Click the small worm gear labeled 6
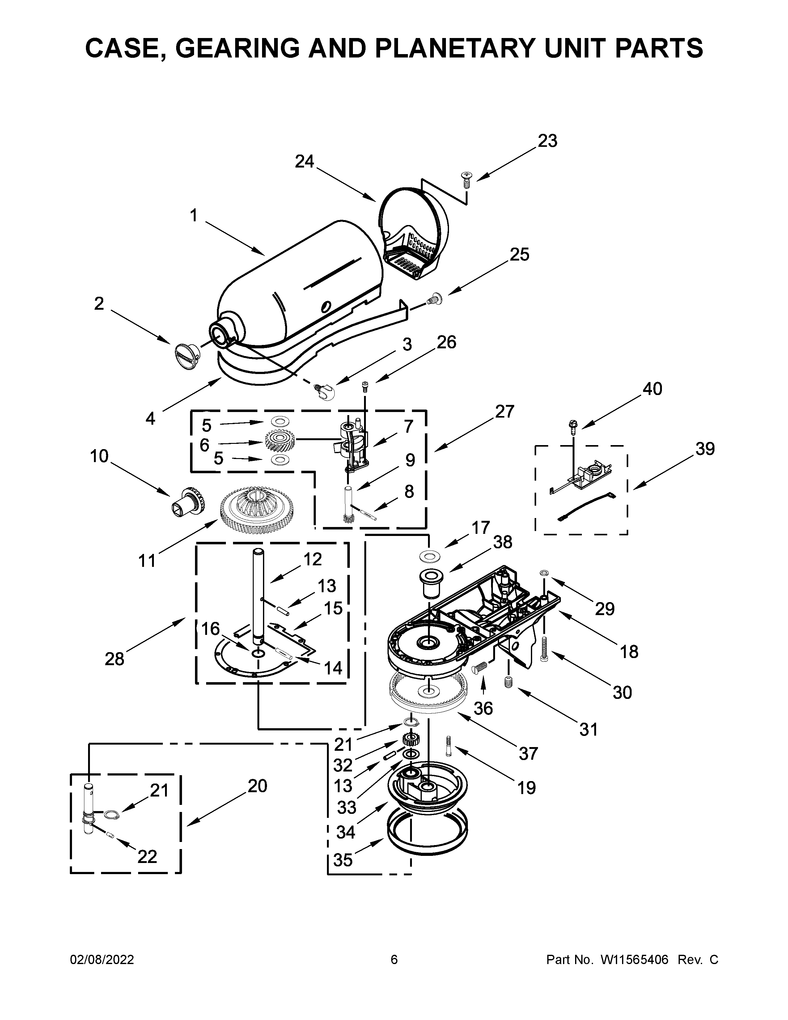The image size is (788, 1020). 280,440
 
